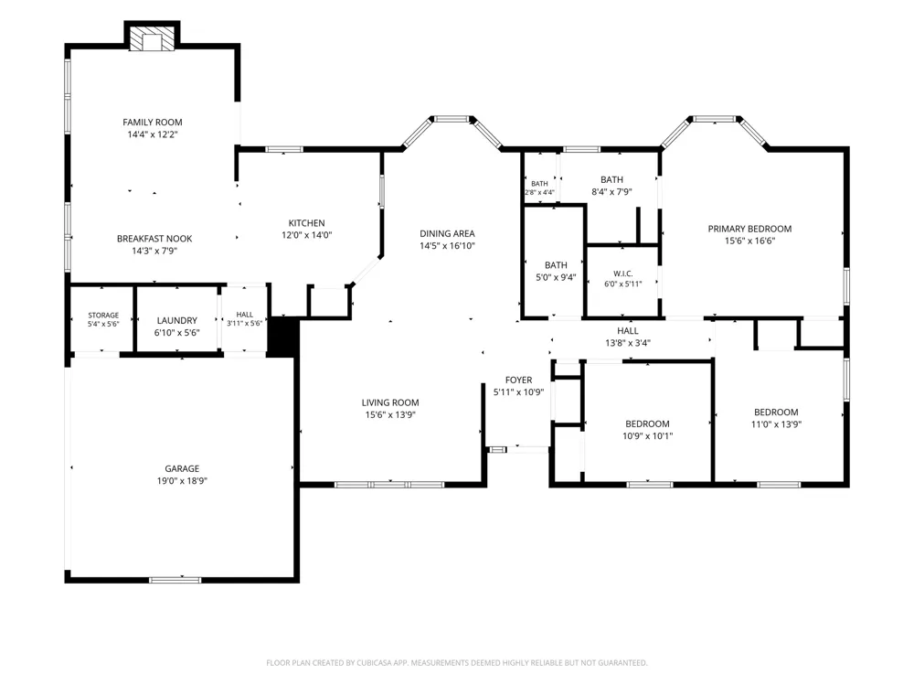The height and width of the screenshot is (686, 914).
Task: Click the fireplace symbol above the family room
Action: click(x=152, y=39)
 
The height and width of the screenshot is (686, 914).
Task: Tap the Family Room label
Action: click(x=152, y=122)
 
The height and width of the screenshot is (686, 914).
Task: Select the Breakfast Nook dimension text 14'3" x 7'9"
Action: click(x=154, y=251)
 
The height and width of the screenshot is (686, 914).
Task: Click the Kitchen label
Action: click(x=306, y=223)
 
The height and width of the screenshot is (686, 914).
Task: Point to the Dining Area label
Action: click(x=447, y=233)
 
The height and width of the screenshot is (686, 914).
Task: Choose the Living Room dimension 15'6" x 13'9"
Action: click(x=390, y=414)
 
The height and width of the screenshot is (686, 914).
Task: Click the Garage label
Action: click(x=182, y=468)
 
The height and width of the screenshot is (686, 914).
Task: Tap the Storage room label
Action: click(x=103, y=315)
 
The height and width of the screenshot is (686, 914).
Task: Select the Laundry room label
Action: click(x=176, y=320)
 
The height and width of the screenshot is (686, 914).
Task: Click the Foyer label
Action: click(x=519, y=380)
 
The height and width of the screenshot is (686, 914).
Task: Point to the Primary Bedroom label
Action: click(x=749, y=229)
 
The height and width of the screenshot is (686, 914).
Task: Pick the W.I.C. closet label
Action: click(x=623, y=273)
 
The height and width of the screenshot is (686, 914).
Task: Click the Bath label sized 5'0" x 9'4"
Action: click(x=556, y=265)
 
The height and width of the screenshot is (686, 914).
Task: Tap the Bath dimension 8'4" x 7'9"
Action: click(x=612, y=191)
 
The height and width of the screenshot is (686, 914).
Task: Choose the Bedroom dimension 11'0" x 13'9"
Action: click(x=776, y=424)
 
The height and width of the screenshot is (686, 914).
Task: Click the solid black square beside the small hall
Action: click(x=283, y=337)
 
